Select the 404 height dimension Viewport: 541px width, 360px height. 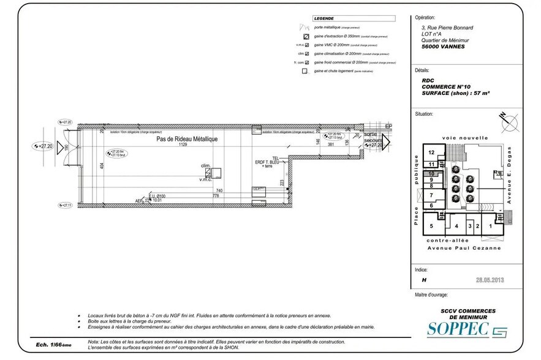[102, 166]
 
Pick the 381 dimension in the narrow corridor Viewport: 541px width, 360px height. [330, 145]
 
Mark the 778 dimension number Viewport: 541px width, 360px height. [216, 196]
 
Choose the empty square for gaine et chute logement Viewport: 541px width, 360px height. [306, 71]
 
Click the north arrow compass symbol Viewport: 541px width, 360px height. [506, 122]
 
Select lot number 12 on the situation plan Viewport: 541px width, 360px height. [431, 152]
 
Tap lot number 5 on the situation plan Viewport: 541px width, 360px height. [431, 226]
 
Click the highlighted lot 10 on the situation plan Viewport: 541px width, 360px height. [431, 173]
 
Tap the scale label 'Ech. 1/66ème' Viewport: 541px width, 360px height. [53, 345]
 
